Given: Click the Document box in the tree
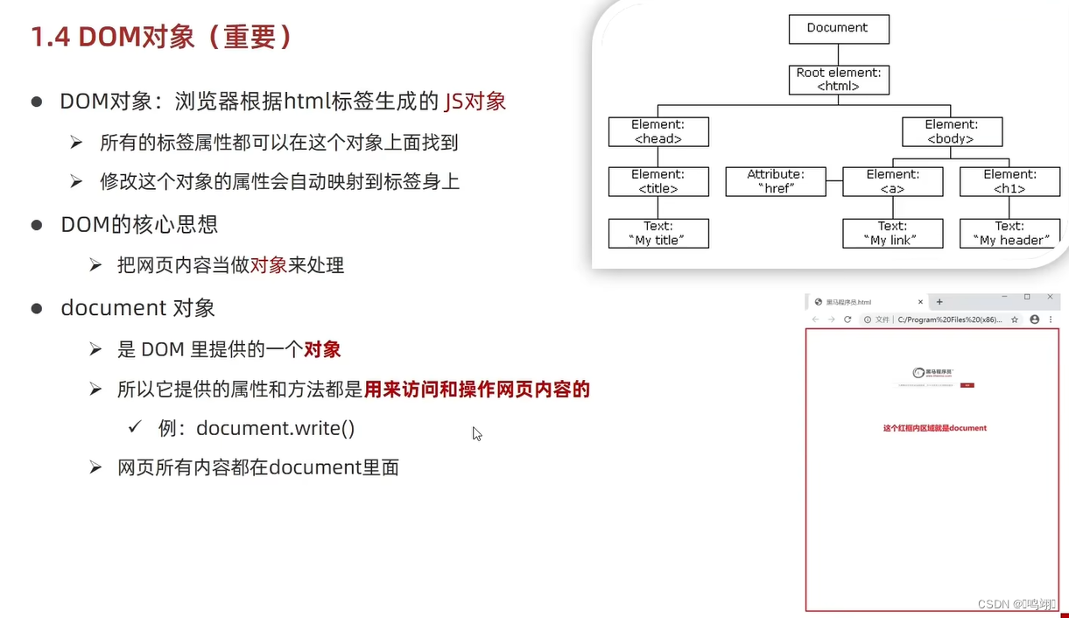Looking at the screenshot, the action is pos(838,28).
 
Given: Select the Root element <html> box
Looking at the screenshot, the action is pos(838,80).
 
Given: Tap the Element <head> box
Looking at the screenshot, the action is pos(658,131).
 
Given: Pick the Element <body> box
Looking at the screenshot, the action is pos(952,131).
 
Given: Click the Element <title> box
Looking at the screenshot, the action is pos(658,181).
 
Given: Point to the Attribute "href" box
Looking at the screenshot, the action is pos(776,181).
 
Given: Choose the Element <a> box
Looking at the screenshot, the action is pos(892,181).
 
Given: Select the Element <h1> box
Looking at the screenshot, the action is pos(1009,181).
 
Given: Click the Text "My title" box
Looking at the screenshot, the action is pos(658,233).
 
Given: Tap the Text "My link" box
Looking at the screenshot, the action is pos(892,233).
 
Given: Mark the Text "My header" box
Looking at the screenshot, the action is pos(1009,233).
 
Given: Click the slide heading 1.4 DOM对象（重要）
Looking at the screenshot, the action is pos(162,37).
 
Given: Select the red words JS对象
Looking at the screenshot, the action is pos(475,102).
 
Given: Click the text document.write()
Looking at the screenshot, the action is pos(275,428).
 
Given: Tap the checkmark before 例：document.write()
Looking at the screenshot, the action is pos(135,427).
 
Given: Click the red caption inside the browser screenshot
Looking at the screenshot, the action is pos(934,428).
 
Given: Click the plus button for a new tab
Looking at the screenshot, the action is pos(939,302).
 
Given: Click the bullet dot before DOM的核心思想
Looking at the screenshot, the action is pos(37,225).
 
